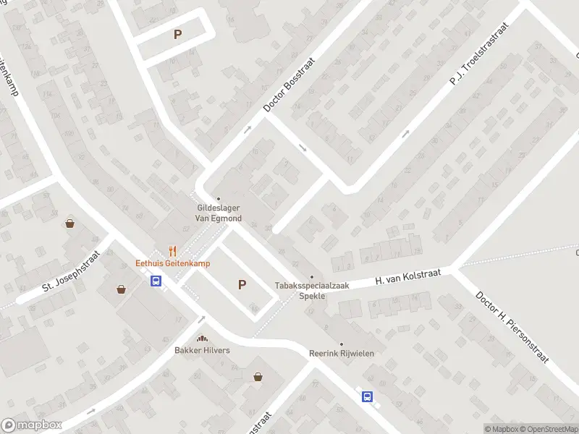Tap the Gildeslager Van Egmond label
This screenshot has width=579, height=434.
pyautogui.click(x=219, y=213)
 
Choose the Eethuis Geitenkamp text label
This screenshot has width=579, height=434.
pyautogui.click(x=173, y=263)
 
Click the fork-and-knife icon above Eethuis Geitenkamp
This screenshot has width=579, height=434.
pyautogui.click(x=172, y=251)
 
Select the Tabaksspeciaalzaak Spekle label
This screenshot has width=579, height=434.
pyautogui.click(x=312, y=290)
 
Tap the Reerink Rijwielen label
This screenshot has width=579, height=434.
pyautogui.click(x=342, y=353)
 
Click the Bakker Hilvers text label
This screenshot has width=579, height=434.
pyautogui.click(x=202, y=351)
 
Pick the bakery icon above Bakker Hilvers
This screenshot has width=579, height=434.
pyautogui.click(x=202, y=339)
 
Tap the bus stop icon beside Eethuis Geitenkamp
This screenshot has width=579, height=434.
pyautogui.click(x=156, y=281)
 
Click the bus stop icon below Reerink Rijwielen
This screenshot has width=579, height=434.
pyautogui.click(x=368, y=396)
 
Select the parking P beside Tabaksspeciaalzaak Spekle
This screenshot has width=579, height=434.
pyautogui.click(x=242, y=285)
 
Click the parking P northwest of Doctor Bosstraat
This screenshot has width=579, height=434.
pyautogui.click(x=178, y=34)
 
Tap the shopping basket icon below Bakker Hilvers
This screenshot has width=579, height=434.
pyautogui.click(x=258, y=376)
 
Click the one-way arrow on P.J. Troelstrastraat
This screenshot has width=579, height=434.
pyautogui.click(x=406, y=133)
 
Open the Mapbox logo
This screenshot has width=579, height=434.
pyautogui.click(x=32, y=425)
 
